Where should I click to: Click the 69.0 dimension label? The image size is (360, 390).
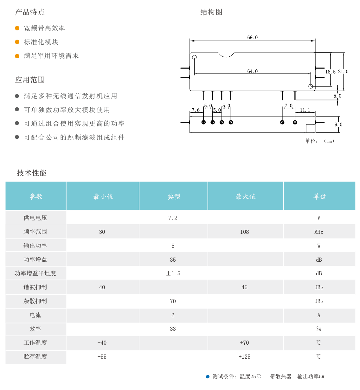tap(252, 37)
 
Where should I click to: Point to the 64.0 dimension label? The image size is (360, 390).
tap(252, 71)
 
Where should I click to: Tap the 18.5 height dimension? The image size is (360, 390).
tap(330, 72)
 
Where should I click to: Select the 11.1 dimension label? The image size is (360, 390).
tap(305, 110)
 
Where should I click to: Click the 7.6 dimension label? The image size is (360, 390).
tap(196, 110)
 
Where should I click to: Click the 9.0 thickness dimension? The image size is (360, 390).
tap(338, 125)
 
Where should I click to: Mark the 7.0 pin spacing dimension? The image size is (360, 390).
tap(288, 105)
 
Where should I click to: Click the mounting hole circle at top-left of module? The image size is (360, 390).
tap(194, 57)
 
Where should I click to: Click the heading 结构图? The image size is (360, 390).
tap(211, 12)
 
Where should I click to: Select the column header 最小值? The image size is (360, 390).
tap(103, 196)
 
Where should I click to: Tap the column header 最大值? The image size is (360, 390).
tap(245, 196)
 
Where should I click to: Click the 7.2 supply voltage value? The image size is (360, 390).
tap(173, 218)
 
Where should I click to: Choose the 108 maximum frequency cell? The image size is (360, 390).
tap(244, 232)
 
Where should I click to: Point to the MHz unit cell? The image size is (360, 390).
tap(318, 232)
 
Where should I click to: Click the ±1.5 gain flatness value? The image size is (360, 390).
tap(173, 273)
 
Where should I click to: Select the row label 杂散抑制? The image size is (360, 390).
tap(35, 301)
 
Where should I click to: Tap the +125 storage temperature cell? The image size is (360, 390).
tap(244, 357)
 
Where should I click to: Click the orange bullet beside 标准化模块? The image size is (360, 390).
tap(17, 42)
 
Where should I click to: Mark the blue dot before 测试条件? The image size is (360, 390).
tap(208, 376)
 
